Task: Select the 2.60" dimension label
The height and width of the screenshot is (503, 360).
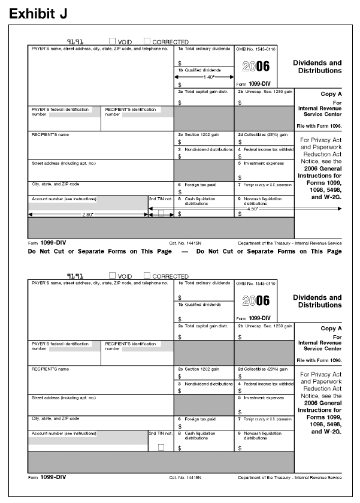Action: tap(87, 214)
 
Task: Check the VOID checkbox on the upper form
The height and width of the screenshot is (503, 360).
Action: tap(112, 41)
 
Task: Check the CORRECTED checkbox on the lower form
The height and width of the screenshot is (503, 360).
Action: tap(147, 276)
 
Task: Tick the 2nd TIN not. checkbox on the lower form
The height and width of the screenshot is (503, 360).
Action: tap(161, 447)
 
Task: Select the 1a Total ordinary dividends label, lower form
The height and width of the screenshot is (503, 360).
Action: tap(204, 282)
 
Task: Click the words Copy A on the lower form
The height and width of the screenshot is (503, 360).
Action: tap(331, 329)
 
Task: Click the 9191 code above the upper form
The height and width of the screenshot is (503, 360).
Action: tap(75, 41)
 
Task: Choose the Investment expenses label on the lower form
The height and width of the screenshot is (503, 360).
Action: tap(263, 397)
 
